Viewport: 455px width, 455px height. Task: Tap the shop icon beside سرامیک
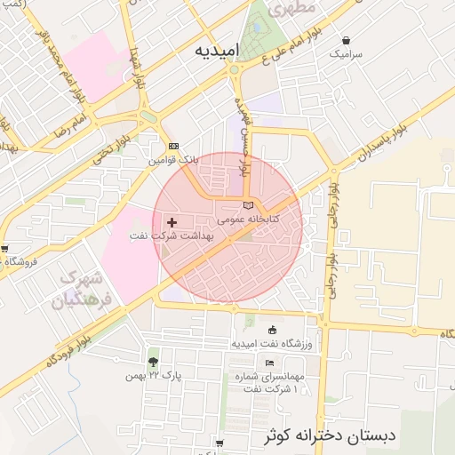(346, 40)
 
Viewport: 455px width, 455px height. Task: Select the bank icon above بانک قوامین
(173, 147)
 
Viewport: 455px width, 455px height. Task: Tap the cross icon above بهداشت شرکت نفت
(172, 220)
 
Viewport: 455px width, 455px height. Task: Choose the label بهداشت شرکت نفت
(172, 235)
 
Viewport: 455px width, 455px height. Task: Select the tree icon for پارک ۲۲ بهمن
(153, 362)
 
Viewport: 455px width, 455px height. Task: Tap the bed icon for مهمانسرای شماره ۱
(269, 363)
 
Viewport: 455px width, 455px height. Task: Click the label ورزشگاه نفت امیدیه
(269, 344)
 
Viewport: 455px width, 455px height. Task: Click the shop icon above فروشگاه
(5, 249)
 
